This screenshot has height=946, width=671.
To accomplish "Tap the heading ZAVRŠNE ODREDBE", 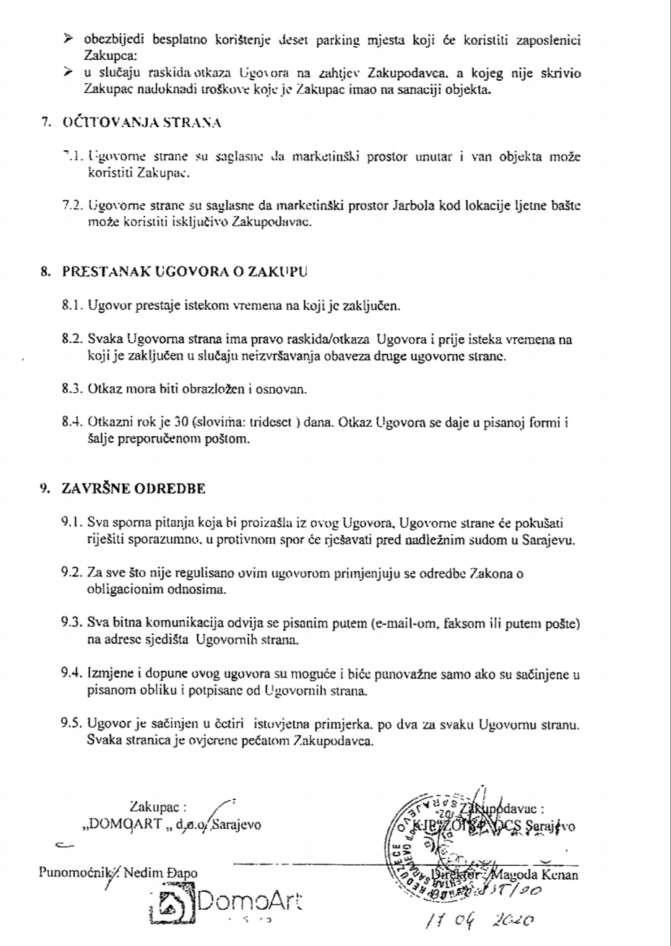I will click(134, 488).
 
